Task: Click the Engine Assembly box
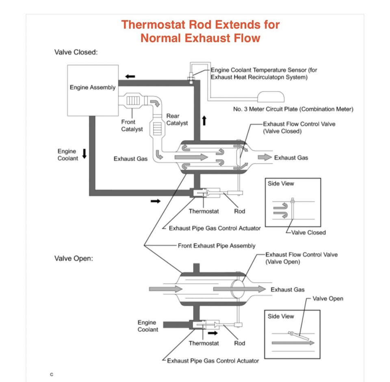pos(93,91)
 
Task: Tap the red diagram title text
pos(200,31)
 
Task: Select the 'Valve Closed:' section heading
pos(76,52)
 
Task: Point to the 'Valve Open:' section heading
pos(74,259)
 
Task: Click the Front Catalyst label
pos(132,125)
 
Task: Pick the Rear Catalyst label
pos(177,119)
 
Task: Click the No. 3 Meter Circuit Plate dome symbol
pos(271,97)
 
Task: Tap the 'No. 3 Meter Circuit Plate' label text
pos(293,109)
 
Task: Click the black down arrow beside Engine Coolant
pos(84,153)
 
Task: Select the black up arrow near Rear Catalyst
pos(204,121)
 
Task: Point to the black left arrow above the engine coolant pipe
pos(130,77)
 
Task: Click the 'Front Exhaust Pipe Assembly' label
pos(217,246)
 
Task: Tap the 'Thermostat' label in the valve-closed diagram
pos(204,211)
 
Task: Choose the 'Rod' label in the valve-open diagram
pos(240,343)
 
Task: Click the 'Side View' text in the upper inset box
pos(281,183)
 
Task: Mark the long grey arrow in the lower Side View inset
pos(293,343)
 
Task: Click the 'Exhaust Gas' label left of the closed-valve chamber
pos(130,159)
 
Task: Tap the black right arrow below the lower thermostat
pos(212,333)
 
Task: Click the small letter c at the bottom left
pos(52,374)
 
